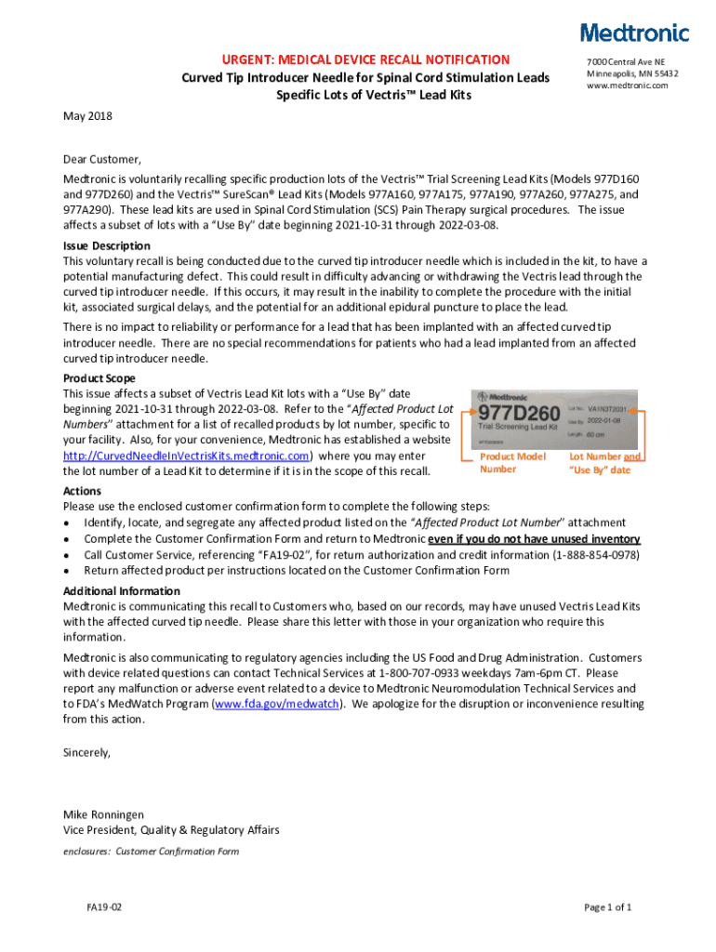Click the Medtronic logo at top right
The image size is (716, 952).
[635, 33]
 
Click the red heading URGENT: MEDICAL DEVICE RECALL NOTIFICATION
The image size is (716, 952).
[359, 59]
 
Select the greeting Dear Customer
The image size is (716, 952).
[102, 159]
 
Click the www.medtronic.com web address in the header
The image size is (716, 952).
[628, 86]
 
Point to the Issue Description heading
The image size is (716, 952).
[106, 245]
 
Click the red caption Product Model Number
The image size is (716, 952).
[512, 463]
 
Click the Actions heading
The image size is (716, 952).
[83, 490]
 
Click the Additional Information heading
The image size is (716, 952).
[121, 591]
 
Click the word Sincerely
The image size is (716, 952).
[86, 752]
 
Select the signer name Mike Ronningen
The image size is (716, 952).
[103, 814]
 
